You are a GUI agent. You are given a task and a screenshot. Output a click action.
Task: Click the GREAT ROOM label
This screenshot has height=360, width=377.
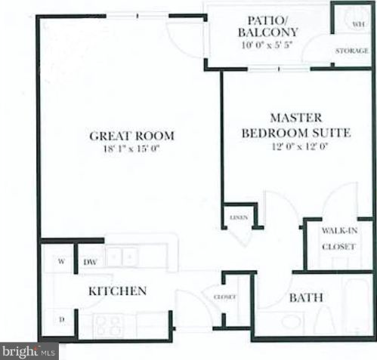(x=131, y=136)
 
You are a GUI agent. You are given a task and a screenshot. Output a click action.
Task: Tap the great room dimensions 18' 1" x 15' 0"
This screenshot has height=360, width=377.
(x=131, y=149)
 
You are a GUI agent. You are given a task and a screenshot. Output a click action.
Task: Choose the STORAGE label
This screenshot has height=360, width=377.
(x=352, y=51)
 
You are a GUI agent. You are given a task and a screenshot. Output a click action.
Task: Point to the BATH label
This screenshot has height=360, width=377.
(x=306, y=297)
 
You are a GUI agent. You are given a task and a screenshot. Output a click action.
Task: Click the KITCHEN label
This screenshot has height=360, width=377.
(x=117, y=291)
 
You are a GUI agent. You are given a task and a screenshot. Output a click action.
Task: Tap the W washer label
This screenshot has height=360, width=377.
(x=59, y=262)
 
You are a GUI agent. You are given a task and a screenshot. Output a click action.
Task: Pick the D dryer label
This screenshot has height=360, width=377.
(x=62, y=320)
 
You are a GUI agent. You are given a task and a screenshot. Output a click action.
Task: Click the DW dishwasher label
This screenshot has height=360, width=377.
(x=90, y=262)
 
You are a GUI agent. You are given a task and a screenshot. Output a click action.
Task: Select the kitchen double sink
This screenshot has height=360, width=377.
(x=121, y=257)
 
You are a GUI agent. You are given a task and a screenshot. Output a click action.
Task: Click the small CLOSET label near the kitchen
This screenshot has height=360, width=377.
(x=226, y=297)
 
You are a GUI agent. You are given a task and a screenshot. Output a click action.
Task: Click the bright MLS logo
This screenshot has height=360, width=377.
(x=29, y=351)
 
